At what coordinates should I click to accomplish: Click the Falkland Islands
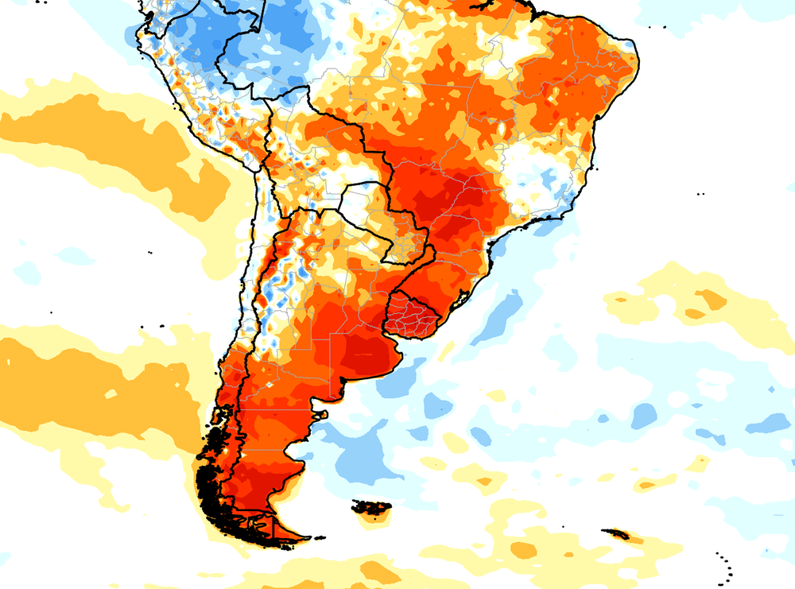pos(372,507)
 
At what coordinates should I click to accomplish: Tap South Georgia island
pos(617,534)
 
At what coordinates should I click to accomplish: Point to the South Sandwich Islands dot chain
pos(726,566)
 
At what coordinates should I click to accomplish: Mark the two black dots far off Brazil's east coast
pos(700,194)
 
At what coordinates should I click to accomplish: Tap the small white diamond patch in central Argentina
pos(271,384)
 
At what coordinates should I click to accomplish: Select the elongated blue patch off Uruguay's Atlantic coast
pos(499,314)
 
